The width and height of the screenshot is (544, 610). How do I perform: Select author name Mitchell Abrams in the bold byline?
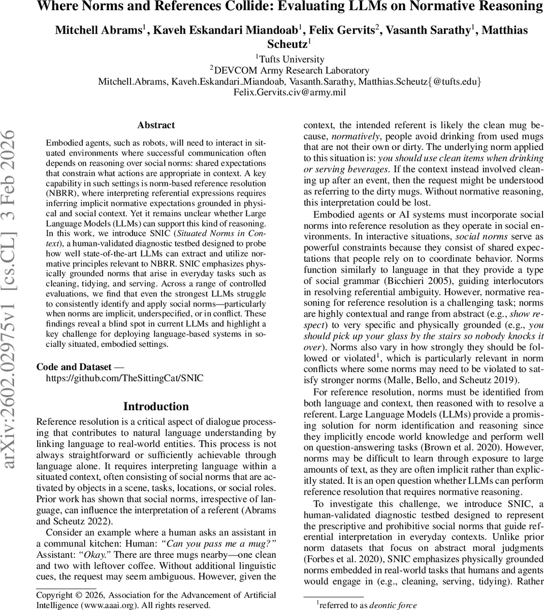pos(98,30)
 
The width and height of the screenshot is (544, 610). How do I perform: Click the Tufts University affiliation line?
pos(290,59)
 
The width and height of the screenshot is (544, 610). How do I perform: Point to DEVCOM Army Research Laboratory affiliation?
pos(290,70)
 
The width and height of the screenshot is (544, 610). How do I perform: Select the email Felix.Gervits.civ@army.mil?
pos(290,92)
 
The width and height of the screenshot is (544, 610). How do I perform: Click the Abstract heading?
pos(156,125)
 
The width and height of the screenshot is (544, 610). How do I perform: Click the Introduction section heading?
pos(156,406)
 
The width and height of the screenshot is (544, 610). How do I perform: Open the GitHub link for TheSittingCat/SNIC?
pos(124,378)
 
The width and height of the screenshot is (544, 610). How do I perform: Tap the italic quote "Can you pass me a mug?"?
pos(218,543)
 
